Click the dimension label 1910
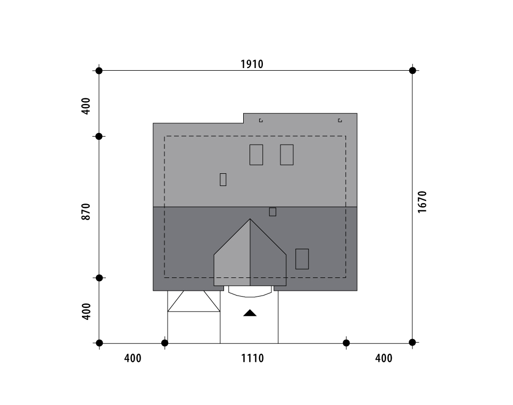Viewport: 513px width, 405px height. (252, 64)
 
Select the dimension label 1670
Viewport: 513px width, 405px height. (422, 202)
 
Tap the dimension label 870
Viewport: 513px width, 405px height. (85, 212)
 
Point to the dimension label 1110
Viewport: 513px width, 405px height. (252, 358)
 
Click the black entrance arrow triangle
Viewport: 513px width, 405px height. (250, 313)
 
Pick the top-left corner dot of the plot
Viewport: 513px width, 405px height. (99, 71)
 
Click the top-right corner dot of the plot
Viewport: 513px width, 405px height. (412, 71)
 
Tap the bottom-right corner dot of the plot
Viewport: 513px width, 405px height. (412, 342)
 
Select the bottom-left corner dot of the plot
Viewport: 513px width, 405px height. (100, 343)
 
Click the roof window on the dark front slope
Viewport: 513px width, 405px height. (302, 259)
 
